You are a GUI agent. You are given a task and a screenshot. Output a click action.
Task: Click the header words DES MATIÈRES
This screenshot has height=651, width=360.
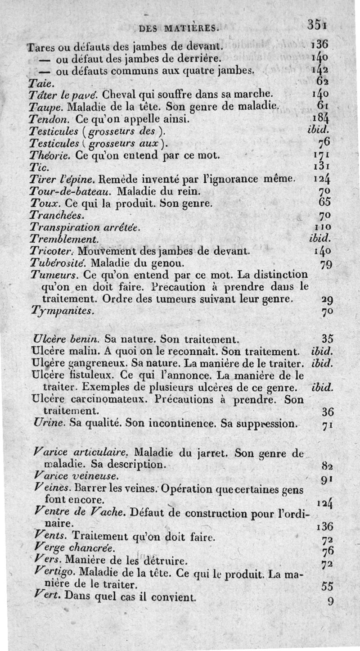coord(179,29)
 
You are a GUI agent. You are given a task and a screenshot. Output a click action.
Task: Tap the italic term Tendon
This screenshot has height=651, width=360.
coord(49,119)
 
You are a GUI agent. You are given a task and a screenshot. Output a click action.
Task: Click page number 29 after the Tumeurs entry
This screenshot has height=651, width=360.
coord(327,299)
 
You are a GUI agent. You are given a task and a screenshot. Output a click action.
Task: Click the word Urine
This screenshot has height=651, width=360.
coord(47,423)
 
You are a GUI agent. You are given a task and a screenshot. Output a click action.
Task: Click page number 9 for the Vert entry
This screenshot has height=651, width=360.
coord(330,601)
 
